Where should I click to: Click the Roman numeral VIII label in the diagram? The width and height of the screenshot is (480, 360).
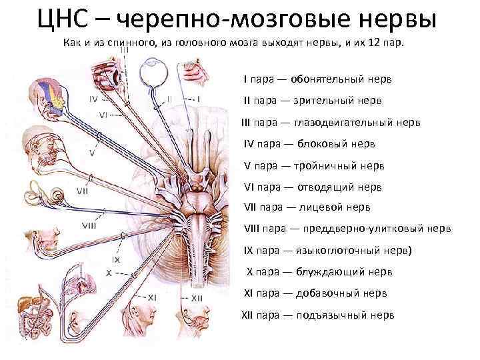89,225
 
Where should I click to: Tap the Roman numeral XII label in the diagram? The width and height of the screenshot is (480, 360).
197,299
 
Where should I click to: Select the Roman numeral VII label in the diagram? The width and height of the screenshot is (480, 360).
83,191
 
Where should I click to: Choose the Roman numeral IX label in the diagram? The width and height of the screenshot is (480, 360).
116,259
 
